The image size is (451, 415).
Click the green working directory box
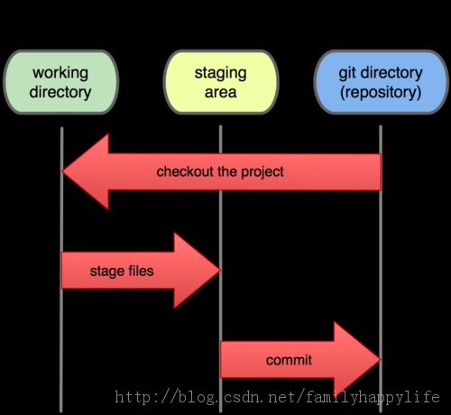(x=60, y=82)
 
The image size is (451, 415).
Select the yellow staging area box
(x=221, y=82)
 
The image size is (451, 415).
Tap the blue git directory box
(x=381, y=82)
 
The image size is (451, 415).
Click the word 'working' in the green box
(x=60, y=73)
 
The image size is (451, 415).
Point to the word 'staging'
(x=221, y=73)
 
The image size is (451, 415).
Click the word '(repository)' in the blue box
(x=381, y=92)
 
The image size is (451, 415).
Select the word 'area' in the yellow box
(x=221, y=92)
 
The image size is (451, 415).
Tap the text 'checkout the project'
(x=220, y=171)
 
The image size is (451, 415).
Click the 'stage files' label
(x=122, y=271)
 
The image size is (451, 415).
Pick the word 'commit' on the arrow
(x=289, y=360)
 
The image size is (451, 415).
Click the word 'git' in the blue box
(x=347, y=73)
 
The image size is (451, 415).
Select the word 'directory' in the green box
(x=60, y=92)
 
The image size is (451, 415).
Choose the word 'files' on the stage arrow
(x=141, y=271)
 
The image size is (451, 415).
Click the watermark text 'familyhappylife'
(x=373, y=397)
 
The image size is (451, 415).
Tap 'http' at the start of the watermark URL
(x=133, y=397)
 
